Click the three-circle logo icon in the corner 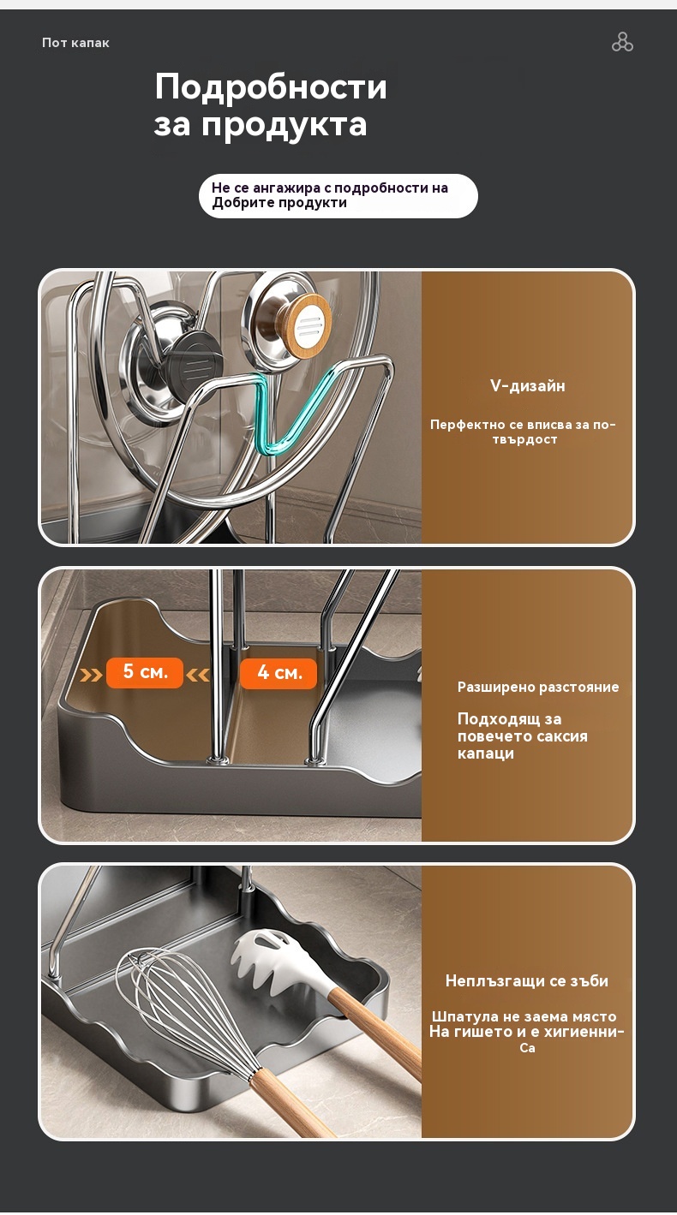[x=622, y=42]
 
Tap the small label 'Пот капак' [x=75, y=43]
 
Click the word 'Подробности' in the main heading [x=270, y=86]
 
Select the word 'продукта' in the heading [x=285, y=124]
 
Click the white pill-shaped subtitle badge [x=338, y=196]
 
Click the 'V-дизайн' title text [x=527, y=385]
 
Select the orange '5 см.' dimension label [x=145, y=673]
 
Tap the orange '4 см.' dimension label [x=279, y=673]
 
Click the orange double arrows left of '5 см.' [x=91, y=675]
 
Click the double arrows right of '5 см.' [x=198, y=675]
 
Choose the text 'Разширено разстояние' [x=538, y=688]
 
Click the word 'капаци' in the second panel [x=485, y=753]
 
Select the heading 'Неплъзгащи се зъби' [x=527, y=980]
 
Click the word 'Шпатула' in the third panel [x=465, y=1016]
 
